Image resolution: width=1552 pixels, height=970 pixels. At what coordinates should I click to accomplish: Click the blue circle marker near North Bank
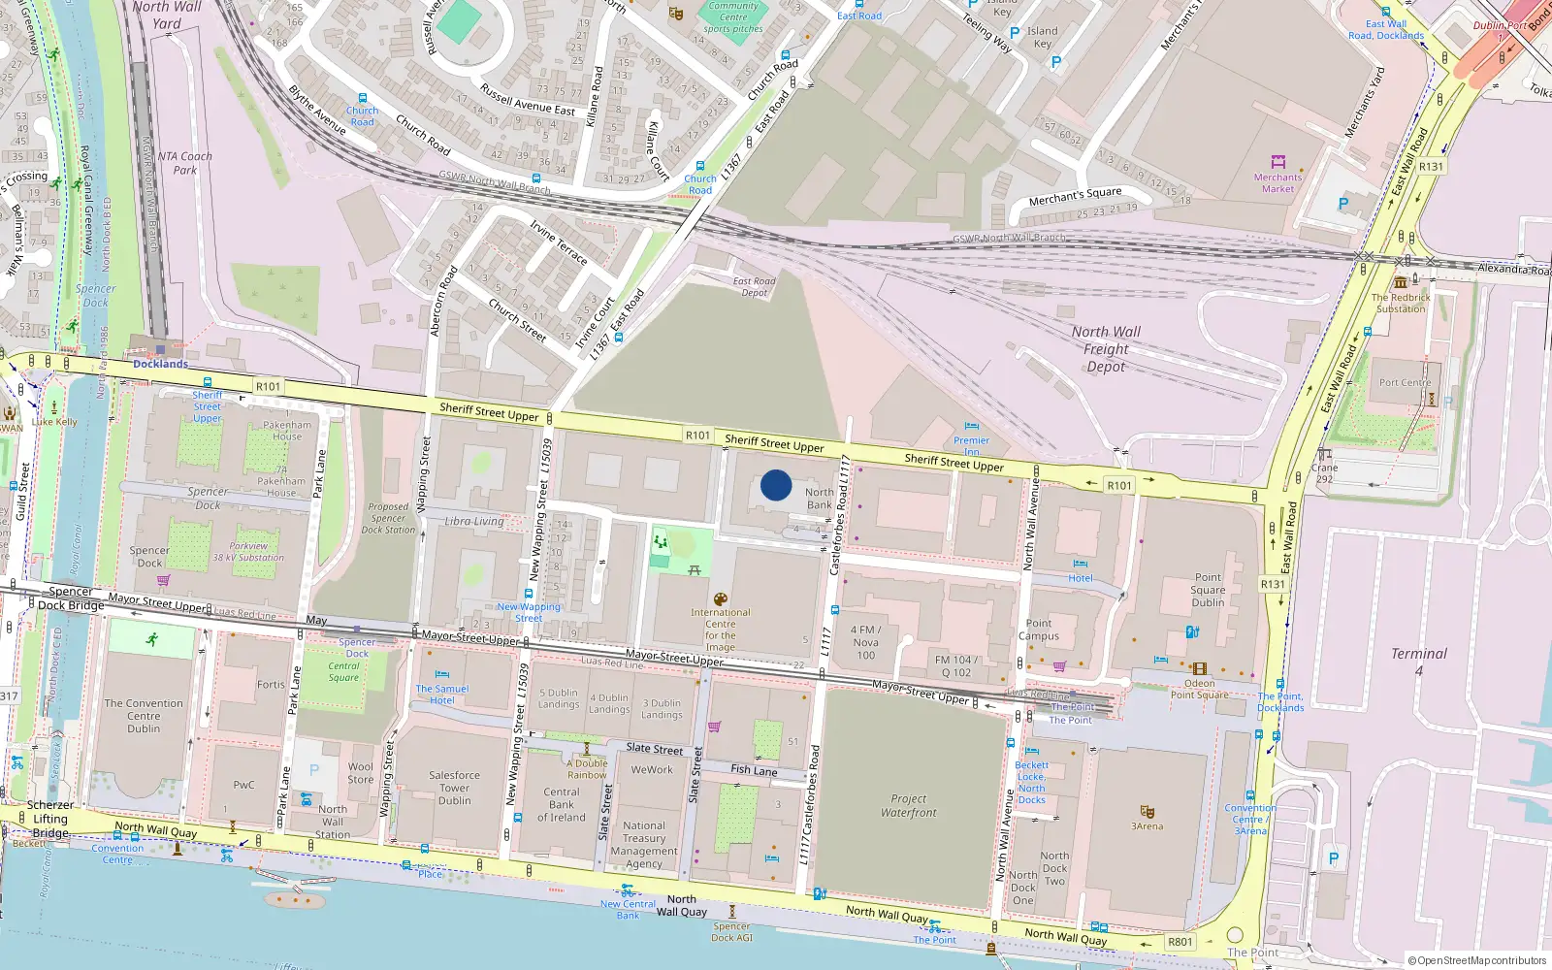(775, 485)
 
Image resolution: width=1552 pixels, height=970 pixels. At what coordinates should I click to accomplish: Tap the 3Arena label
(1147, 826)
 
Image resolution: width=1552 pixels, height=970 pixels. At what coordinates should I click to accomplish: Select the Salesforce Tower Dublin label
(454, 788)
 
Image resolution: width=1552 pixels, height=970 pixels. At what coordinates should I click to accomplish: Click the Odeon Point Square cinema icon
(1200, 668)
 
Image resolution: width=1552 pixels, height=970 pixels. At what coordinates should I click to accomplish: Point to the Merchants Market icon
(1277, 162)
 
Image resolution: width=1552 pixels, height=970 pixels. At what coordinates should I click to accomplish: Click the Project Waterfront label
(909, 806)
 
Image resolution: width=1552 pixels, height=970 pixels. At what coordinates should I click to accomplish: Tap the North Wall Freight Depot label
(1106, 349)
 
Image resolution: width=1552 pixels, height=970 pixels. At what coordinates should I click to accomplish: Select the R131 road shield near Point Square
(1272, 584)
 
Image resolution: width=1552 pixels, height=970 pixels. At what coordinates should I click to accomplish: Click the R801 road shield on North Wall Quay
(1180, 942)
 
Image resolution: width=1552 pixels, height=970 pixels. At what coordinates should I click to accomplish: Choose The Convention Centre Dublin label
(144, 716)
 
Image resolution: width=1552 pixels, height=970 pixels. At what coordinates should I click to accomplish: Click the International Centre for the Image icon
(720, 599)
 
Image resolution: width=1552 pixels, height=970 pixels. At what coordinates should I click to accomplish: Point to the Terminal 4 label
(1418, 661)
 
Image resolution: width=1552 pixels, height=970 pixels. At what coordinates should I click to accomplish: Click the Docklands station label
(160, 365)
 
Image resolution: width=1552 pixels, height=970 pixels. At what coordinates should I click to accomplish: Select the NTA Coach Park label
(184, 163)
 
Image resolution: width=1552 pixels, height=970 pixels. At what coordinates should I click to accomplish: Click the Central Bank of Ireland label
(562, 804)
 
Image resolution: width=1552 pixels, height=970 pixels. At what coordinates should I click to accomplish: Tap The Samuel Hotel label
(441, 695)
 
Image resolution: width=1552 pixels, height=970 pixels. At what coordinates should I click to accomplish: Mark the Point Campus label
(1038, 630)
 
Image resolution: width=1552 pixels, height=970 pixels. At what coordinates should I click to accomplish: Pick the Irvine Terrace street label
(558, 242)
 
